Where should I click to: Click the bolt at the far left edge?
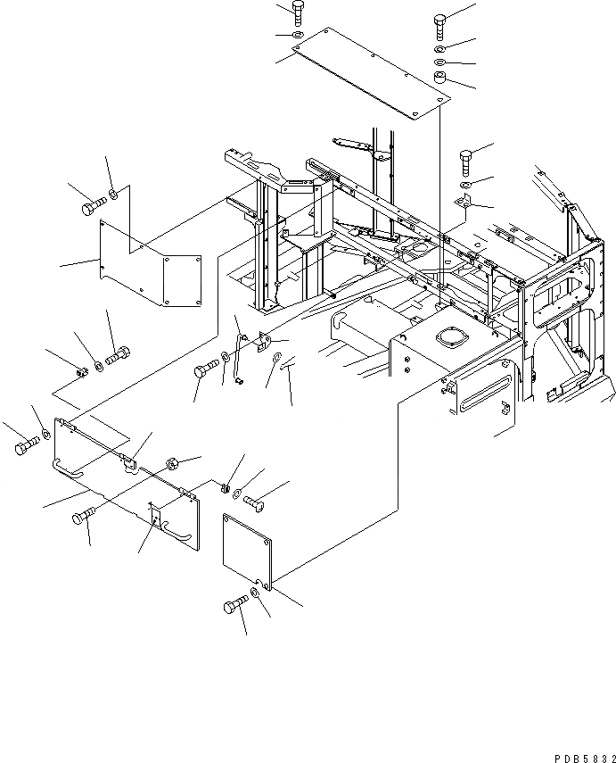click(x=25, y=445)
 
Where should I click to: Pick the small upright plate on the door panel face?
click(x=156, y=515)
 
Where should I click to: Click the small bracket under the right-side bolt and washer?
click(x=463, y=203)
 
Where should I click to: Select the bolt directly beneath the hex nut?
click(x=82, y=516)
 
